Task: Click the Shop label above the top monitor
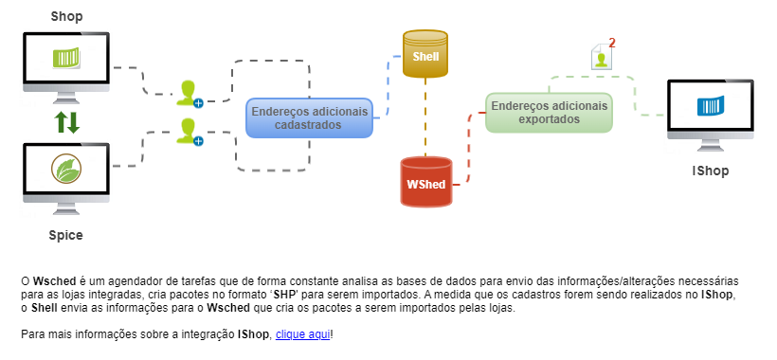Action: tap(66, 16)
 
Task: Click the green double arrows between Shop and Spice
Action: tap(66, 121)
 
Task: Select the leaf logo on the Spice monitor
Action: tap(66, 171)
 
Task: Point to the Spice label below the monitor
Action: tap(66, 234)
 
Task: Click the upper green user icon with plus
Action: tap(189, 93)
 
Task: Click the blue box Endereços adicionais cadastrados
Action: tap(309, 117)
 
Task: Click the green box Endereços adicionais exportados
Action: tap(549, 113)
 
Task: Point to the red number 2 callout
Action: tap(612, 43)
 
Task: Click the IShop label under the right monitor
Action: tap(710, 171)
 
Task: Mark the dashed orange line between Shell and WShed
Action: tap(425, 118)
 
